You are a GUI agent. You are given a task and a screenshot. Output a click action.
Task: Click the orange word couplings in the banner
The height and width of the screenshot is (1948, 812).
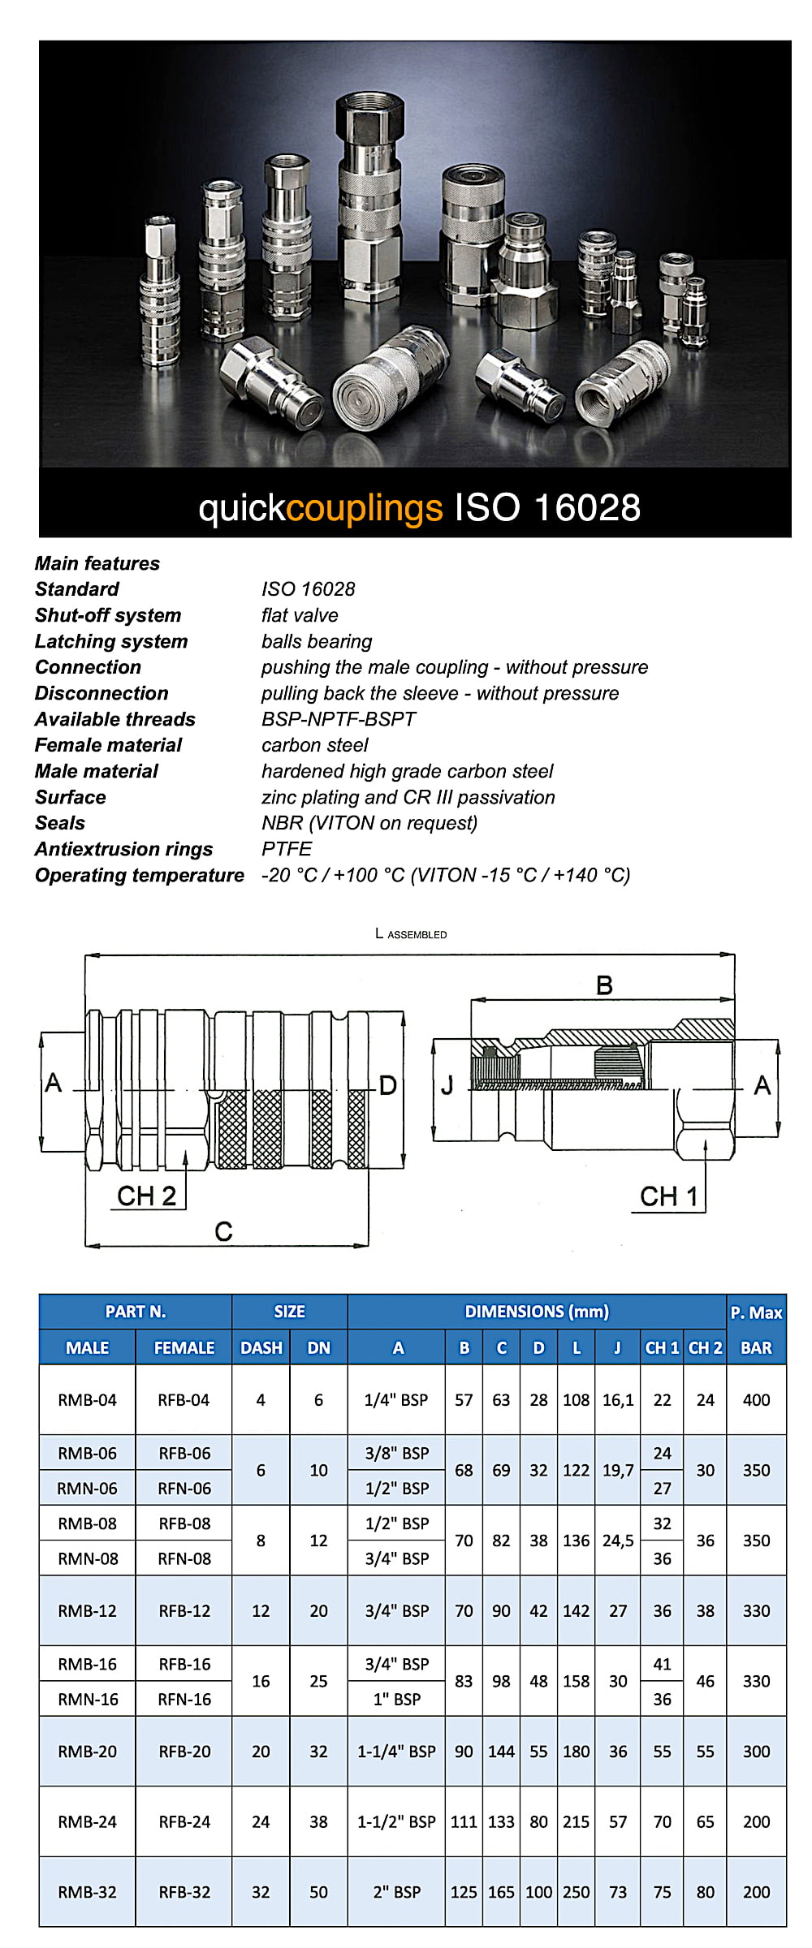(x=365, y=509)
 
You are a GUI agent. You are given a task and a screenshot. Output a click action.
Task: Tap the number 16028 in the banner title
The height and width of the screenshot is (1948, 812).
(x=587, y=508)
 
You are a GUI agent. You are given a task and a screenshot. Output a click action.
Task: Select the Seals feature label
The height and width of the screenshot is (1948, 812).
(x=60, y=823)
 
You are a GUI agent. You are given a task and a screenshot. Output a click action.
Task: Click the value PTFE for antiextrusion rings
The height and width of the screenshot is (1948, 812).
(x=286, y=849)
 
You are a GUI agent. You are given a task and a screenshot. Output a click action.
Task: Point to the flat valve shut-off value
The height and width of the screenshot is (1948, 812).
(x=300, y=615)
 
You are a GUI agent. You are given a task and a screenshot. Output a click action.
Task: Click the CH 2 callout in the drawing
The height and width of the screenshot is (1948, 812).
(x=146, y=1196)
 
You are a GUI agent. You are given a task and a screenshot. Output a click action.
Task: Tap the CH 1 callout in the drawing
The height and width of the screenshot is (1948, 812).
(x=668, y=1196)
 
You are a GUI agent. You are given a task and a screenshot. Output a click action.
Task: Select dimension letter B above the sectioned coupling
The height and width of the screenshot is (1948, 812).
(x=604, y=985)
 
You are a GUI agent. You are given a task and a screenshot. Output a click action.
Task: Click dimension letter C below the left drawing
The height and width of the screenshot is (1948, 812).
(x=223, y=1231)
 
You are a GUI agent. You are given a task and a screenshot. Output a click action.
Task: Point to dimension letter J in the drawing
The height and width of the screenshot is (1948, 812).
(x=447, y=1085)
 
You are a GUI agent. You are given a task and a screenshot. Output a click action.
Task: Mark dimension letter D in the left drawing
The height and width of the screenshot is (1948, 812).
(x=387, y=1085)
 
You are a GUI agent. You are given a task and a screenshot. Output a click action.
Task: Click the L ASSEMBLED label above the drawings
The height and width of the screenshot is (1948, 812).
(x=411, y=934)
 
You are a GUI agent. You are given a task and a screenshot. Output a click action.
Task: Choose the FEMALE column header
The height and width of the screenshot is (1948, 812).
(x=184, y=1348)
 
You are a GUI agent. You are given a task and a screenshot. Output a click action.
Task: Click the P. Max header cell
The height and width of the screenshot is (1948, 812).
(x=756, y=1312)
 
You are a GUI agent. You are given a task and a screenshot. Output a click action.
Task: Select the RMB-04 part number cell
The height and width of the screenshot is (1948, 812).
(x=87, y=1400)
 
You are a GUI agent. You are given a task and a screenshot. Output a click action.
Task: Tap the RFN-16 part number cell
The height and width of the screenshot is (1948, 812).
(x=184, y=1699)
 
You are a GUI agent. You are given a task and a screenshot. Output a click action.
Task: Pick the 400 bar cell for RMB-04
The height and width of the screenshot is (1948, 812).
(x=756, y=1400)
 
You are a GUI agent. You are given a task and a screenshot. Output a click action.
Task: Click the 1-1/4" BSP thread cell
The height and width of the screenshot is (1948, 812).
(x=396, y=1752)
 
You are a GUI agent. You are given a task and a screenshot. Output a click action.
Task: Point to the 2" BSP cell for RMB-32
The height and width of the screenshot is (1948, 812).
(x=396, y=1892)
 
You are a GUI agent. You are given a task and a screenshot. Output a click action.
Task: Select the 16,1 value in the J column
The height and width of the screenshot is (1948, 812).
(x=618, y=1400)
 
